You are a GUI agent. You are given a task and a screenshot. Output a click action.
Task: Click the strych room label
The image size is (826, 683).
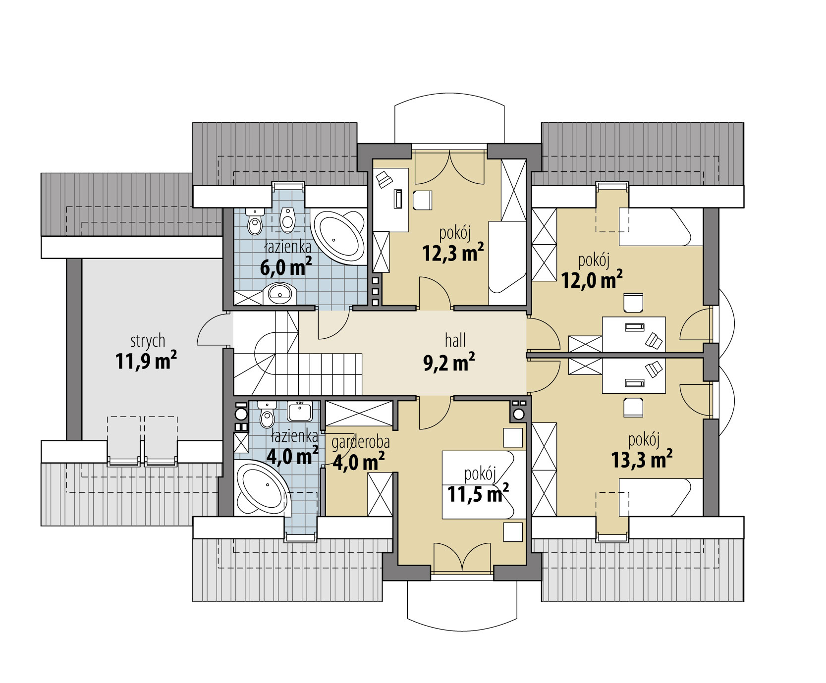pyautogui.click(x=148, y=341)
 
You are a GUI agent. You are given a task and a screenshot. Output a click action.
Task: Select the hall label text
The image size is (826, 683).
pyautogui.click(x=455, y=340)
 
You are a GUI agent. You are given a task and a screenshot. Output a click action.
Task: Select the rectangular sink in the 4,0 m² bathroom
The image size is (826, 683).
pyautogui.click(x=300, y=411)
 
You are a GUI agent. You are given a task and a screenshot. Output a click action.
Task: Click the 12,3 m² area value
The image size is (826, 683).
pyautogui.click(x=453, y=253)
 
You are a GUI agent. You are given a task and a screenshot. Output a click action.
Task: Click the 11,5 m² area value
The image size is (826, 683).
pyautogui.click(x=478, y=493)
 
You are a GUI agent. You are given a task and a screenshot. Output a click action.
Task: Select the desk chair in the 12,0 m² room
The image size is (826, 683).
pyautogui.click(x=634, y=303)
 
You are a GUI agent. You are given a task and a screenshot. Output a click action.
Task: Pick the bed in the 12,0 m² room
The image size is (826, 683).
pyautogui.click(x=661, y=227)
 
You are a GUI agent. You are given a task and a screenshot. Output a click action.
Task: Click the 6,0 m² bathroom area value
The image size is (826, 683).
pyautogui.click(x=286, y=268)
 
